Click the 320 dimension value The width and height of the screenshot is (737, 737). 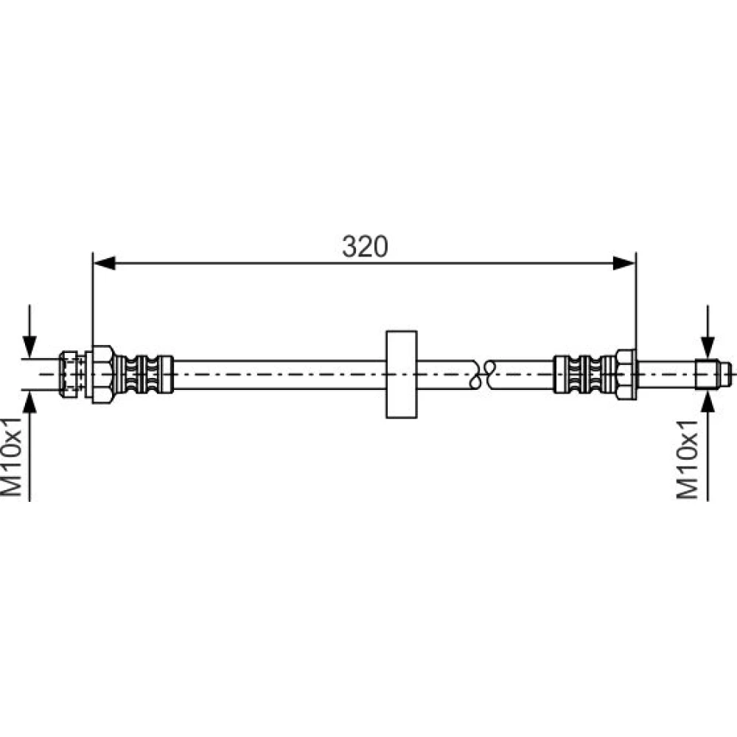coord(365,246)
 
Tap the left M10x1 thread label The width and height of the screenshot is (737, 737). coord(11,456)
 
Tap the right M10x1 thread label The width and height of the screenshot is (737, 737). coord(687,459)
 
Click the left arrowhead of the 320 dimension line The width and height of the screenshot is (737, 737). coord(104,263)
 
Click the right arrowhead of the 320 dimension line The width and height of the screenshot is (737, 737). coord(625,263)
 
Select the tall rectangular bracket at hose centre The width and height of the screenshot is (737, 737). coord(402,374)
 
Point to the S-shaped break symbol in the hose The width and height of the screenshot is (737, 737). coord(483,374)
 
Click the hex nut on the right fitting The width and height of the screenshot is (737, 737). coord(626,374)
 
